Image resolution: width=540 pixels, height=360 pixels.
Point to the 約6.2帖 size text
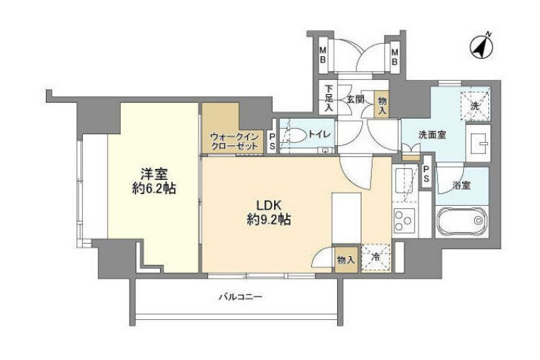[154, 189]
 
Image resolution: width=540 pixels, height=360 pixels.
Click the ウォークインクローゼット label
[234, 141]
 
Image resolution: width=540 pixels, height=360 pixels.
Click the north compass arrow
[482, 47]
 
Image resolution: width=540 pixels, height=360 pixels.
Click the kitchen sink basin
[404, 182]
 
